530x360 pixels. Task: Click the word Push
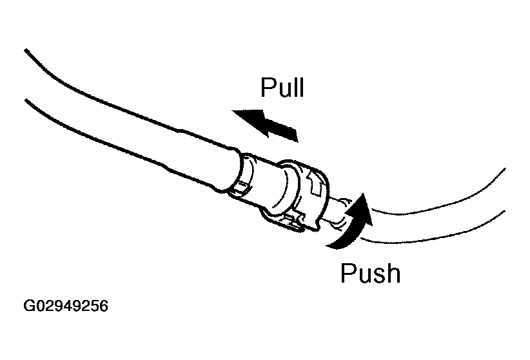pyautogui.click(x=370, y=273)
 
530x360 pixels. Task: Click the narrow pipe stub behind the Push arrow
pyautogui.click(x=337, y=213)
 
